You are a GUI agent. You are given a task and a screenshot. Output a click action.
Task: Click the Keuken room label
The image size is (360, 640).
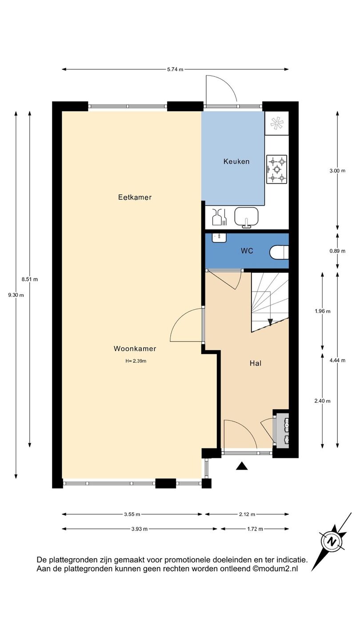point(236,162)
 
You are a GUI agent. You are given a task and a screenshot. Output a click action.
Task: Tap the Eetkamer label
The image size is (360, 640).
point(135,197)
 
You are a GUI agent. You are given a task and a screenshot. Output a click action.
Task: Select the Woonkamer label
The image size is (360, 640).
point(135,348)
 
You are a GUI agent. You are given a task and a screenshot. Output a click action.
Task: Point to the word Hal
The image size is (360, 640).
point(256,363)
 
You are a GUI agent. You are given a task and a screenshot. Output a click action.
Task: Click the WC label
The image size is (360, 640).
point(247,251)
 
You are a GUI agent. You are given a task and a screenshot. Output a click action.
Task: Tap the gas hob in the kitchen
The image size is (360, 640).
point(276,169)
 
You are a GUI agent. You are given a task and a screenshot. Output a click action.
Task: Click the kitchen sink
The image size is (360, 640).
point(246,218)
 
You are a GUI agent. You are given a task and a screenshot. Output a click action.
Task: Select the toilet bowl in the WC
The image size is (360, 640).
point(279,252)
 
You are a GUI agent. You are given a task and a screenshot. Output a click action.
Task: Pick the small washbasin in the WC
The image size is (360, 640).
point(219,237)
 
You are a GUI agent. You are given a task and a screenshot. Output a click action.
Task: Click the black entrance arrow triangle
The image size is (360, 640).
point(242,466)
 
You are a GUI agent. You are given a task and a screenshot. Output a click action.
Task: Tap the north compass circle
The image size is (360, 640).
point(332,542)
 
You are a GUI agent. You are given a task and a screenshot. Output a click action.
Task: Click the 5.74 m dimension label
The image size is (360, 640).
point(175,69)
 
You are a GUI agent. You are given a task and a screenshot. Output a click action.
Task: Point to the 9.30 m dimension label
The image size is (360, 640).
point(16,295)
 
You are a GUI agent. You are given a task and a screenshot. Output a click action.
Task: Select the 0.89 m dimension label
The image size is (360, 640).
point(337,251)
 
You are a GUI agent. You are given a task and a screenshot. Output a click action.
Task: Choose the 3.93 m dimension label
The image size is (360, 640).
point(140,529)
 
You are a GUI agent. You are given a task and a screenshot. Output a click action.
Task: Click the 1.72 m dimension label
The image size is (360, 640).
point(255,529)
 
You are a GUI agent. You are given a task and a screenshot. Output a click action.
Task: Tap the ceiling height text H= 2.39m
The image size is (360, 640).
point(136,361)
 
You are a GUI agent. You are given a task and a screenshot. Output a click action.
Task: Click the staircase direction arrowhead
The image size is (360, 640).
point(270,322)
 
